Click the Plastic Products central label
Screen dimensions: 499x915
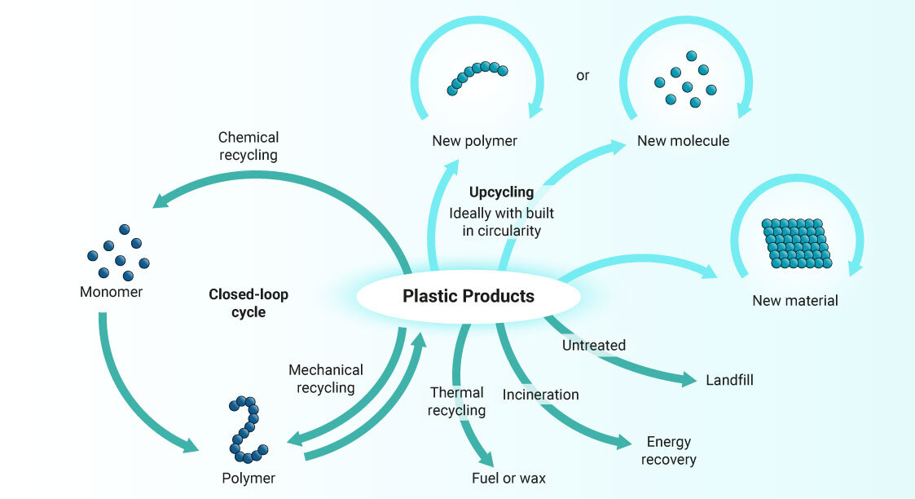[468, 296]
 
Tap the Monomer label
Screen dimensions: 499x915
[111, 292]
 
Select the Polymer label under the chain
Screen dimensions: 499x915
[249, 478]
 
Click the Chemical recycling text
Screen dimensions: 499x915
[249, 146]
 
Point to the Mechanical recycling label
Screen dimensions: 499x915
[325, 379]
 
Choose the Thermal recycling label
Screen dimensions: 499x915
[456, 401]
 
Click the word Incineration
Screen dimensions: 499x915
[540, 395]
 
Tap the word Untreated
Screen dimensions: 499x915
[594, 345]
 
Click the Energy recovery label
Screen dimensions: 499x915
[668, 451]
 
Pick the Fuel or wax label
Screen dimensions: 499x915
[508, 478]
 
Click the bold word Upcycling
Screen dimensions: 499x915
[501, 192]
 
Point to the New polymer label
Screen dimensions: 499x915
[474, 141]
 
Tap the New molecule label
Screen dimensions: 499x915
[683, 141]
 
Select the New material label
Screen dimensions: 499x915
[794, 300]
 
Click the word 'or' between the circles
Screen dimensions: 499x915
[583, 76]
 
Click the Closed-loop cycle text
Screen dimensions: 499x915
[249, 302]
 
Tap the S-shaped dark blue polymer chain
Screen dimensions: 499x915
[247, 428]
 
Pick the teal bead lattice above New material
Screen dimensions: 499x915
[796, 243]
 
